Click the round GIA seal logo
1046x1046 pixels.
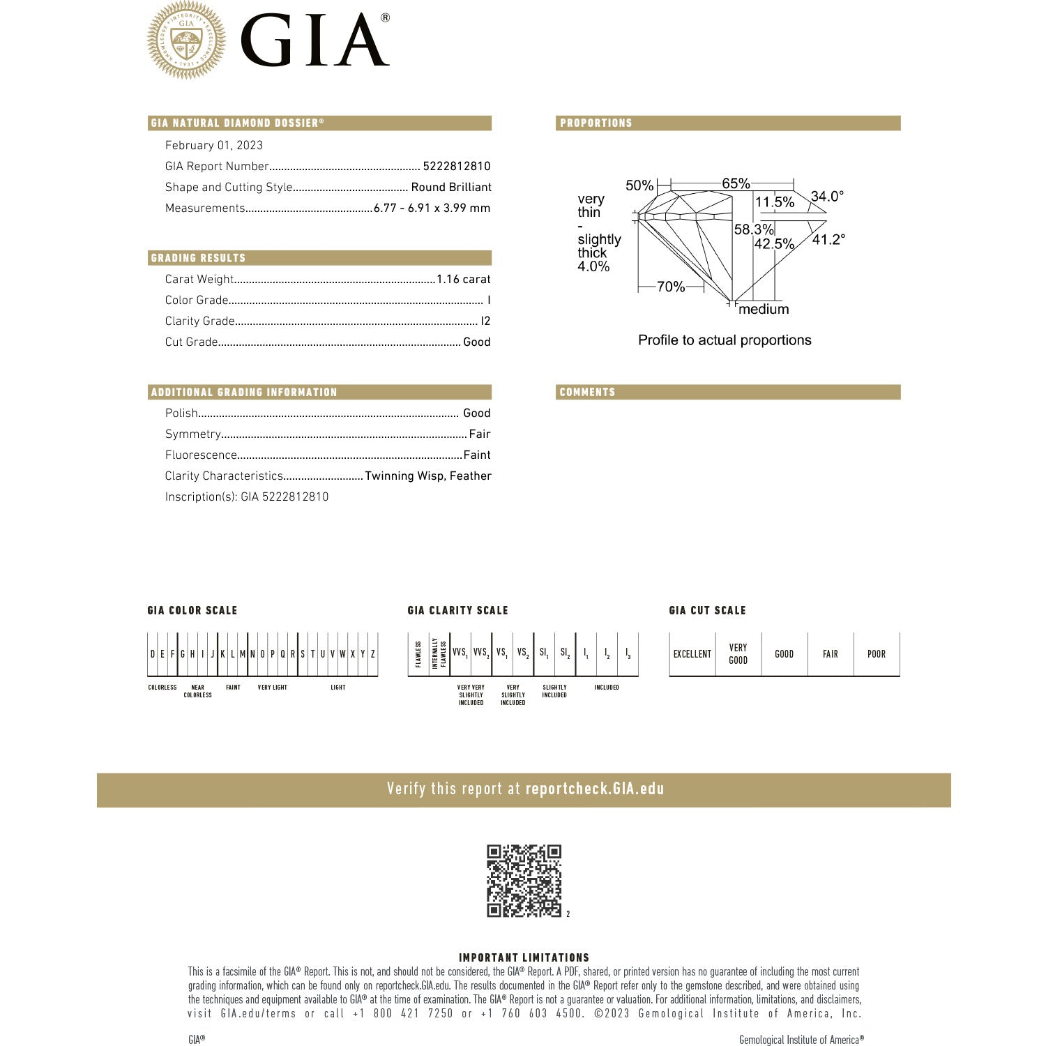click(186, 40)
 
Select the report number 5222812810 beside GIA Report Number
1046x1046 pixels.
click(457, 166)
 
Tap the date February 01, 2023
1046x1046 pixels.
click(214, 145)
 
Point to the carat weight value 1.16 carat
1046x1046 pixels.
click(464, 279)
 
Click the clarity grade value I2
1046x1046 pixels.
click(486, 321)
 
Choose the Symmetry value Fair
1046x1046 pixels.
click(480, 434)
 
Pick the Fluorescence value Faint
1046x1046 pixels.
click(477, 455)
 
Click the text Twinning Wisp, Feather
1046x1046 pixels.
click(428, 476)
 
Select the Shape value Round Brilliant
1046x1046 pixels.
click(451, 187)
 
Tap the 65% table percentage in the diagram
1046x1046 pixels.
click(736, 183)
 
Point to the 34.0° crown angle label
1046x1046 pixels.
click(827, 196)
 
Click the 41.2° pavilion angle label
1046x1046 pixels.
click(828, 239)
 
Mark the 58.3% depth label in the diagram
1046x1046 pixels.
click(754, 229)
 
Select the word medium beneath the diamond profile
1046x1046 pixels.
click(764, 309)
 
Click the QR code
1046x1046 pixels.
click(524, 881)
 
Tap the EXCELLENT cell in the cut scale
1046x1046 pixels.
click(692, 654)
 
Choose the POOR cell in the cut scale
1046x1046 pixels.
click(877, 654)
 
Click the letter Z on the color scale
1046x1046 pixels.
click(373, 654)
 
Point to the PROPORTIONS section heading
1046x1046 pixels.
click(596, 123)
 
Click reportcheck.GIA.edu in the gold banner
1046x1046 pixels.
click(595, 789)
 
